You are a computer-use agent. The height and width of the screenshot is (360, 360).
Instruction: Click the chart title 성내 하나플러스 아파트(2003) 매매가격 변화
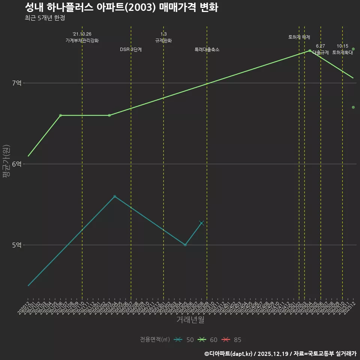[121, 7]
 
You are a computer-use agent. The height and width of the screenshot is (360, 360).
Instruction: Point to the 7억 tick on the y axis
[16, 83]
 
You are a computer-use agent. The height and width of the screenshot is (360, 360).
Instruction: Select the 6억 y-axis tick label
[16, 164]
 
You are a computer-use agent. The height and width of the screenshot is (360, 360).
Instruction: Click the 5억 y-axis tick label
[16, 245]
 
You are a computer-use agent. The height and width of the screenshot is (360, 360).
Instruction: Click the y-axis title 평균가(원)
[6, 164]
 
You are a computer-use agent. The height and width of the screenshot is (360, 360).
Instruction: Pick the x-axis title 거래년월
[190, 320]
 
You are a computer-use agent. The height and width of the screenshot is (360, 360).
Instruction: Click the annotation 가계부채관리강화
[82, 40]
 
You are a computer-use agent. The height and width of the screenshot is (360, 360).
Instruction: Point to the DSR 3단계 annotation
[131, 49]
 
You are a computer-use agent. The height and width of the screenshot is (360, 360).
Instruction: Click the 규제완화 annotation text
[163, 40]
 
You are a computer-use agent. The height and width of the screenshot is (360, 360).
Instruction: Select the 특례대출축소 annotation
[207, 49]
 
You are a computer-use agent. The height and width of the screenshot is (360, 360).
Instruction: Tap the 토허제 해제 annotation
[299, 37]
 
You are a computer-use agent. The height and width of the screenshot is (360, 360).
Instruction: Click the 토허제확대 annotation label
[342, 53]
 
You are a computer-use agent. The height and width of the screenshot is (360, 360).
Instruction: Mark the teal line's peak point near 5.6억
[115, 196]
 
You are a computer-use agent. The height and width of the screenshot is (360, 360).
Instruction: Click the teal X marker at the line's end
[201, 223]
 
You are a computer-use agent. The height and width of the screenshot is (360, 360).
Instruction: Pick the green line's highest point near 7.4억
[310, 51]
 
